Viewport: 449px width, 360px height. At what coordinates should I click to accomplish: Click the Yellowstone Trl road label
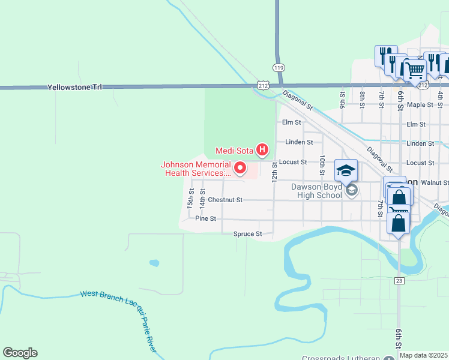pyautogui.click(x=75, y=87)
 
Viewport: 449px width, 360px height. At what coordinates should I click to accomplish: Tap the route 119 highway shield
pyautogui.click(x=278, y=67)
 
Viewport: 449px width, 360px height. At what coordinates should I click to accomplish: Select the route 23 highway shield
pyautogui.click(x=399, y=281)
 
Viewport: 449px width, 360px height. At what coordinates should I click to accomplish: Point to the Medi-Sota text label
pyautogui.click(x=234, y=150)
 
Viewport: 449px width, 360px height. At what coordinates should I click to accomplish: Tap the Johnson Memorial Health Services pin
pyautogui.click(x=240, y=168)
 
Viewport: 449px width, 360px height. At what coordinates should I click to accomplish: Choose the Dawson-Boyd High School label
pyautogui.click(x=316, y=190)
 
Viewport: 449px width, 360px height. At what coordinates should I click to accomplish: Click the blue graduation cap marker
pyautogui.click(x=346, y=171)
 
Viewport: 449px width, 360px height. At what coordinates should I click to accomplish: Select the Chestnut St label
pyautogui.click(x=225, y=200)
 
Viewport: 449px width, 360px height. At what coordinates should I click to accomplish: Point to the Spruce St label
pyautogui.click(x=248, y=233)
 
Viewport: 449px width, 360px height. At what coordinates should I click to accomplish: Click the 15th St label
pyautogui.click(x=190, y=198)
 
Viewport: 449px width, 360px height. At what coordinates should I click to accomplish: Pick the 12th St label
pyautogui.click(x=274, y=172)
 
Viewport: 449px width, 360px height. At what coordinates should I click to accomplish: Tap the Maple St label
pyautogui.click(x=420, y=104)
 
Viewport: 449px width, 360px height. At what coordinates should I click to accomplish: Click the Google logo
pyautogui.click(x=20, y=353)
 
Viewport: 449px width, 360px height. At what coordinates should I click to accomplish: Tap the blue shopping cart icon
pyautogui.click(x=415, y=70)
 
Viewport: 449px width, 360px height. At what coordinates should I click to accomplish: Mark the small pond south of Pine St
pyautogui.click(x=154, y=263)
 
